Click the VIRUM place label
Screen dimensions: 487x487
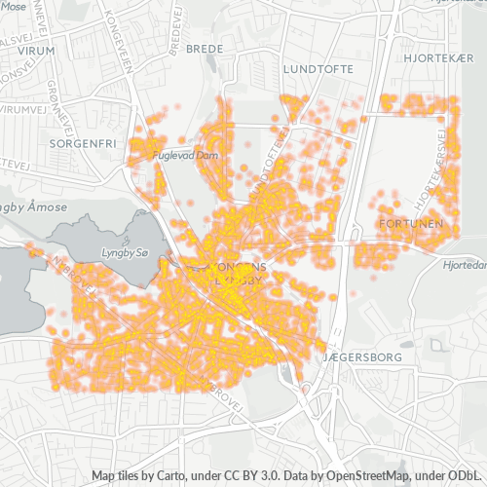(x=35, y=50)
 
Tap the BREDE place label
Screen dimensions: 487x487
(x=204, y=48)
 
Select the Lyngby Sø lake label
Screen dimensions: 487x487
(x=124, y=252)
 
